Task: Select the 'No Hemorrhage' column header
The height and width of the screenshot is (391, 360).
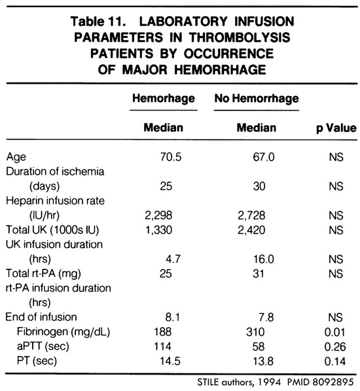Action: (256, 98)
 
